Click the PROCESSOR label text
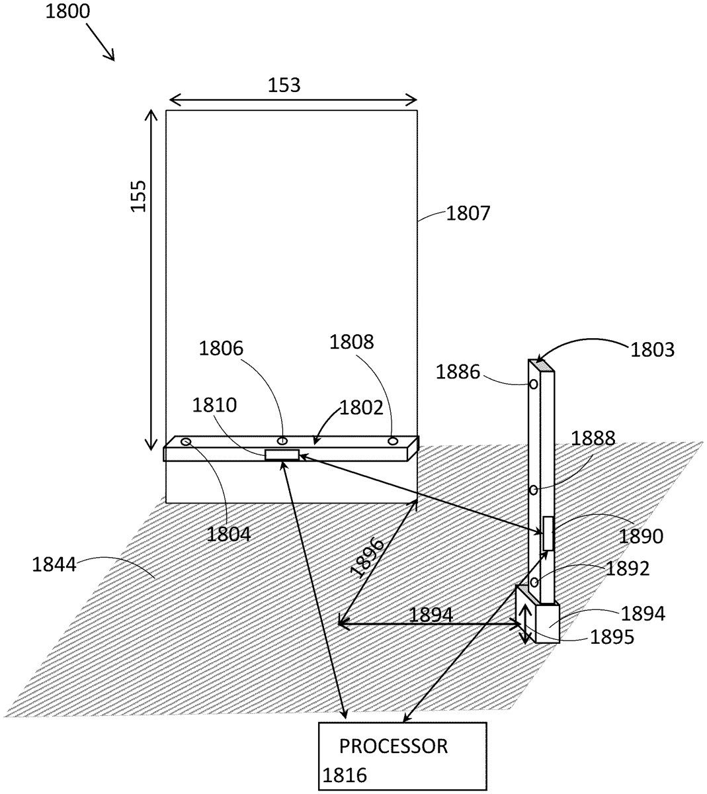pyautogui.click(x=394, y=746)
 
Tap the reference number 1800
pyautogui.click(x=67, y=11)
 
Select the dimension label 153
pyautogui.click(x=284, y=85)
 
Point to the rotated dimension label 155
pyautogui.click(x=138, y=196)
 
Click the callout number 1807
pyautogui.click(x=468, y=214)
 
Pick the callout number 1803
pyautogui.click(x=653, y=349)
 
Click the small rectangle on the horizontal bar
pyautogui.click(x=282, y=455)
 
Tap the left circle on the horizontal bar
pyautogui.click(x=186, y=442)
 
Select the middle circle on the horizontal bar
pyautogui.click(x=282, y=441)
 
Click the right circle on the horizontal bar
pyautogui.click(x=393, y=441)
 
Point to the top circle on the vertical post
pyautogui.click(x=534, y=384)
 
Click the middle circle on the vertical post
pyautogui.click(x=534, y=490)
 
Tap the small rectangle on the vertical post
pyautogui.click(x=548, y=533)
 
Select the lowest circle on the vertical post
pyautogui.click(x=534, y=582)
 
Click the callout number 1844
pyautogui.click(x=54, y=565)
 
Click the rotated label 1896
pyautogui.click(x=368, y=558)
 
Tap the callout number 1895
pyautogui.click(x=612, y=637)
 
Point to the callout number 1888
pyautogui.click(x=593, y=438)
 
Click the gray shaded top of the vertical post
pyautogui.click(x=541, y=365)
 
